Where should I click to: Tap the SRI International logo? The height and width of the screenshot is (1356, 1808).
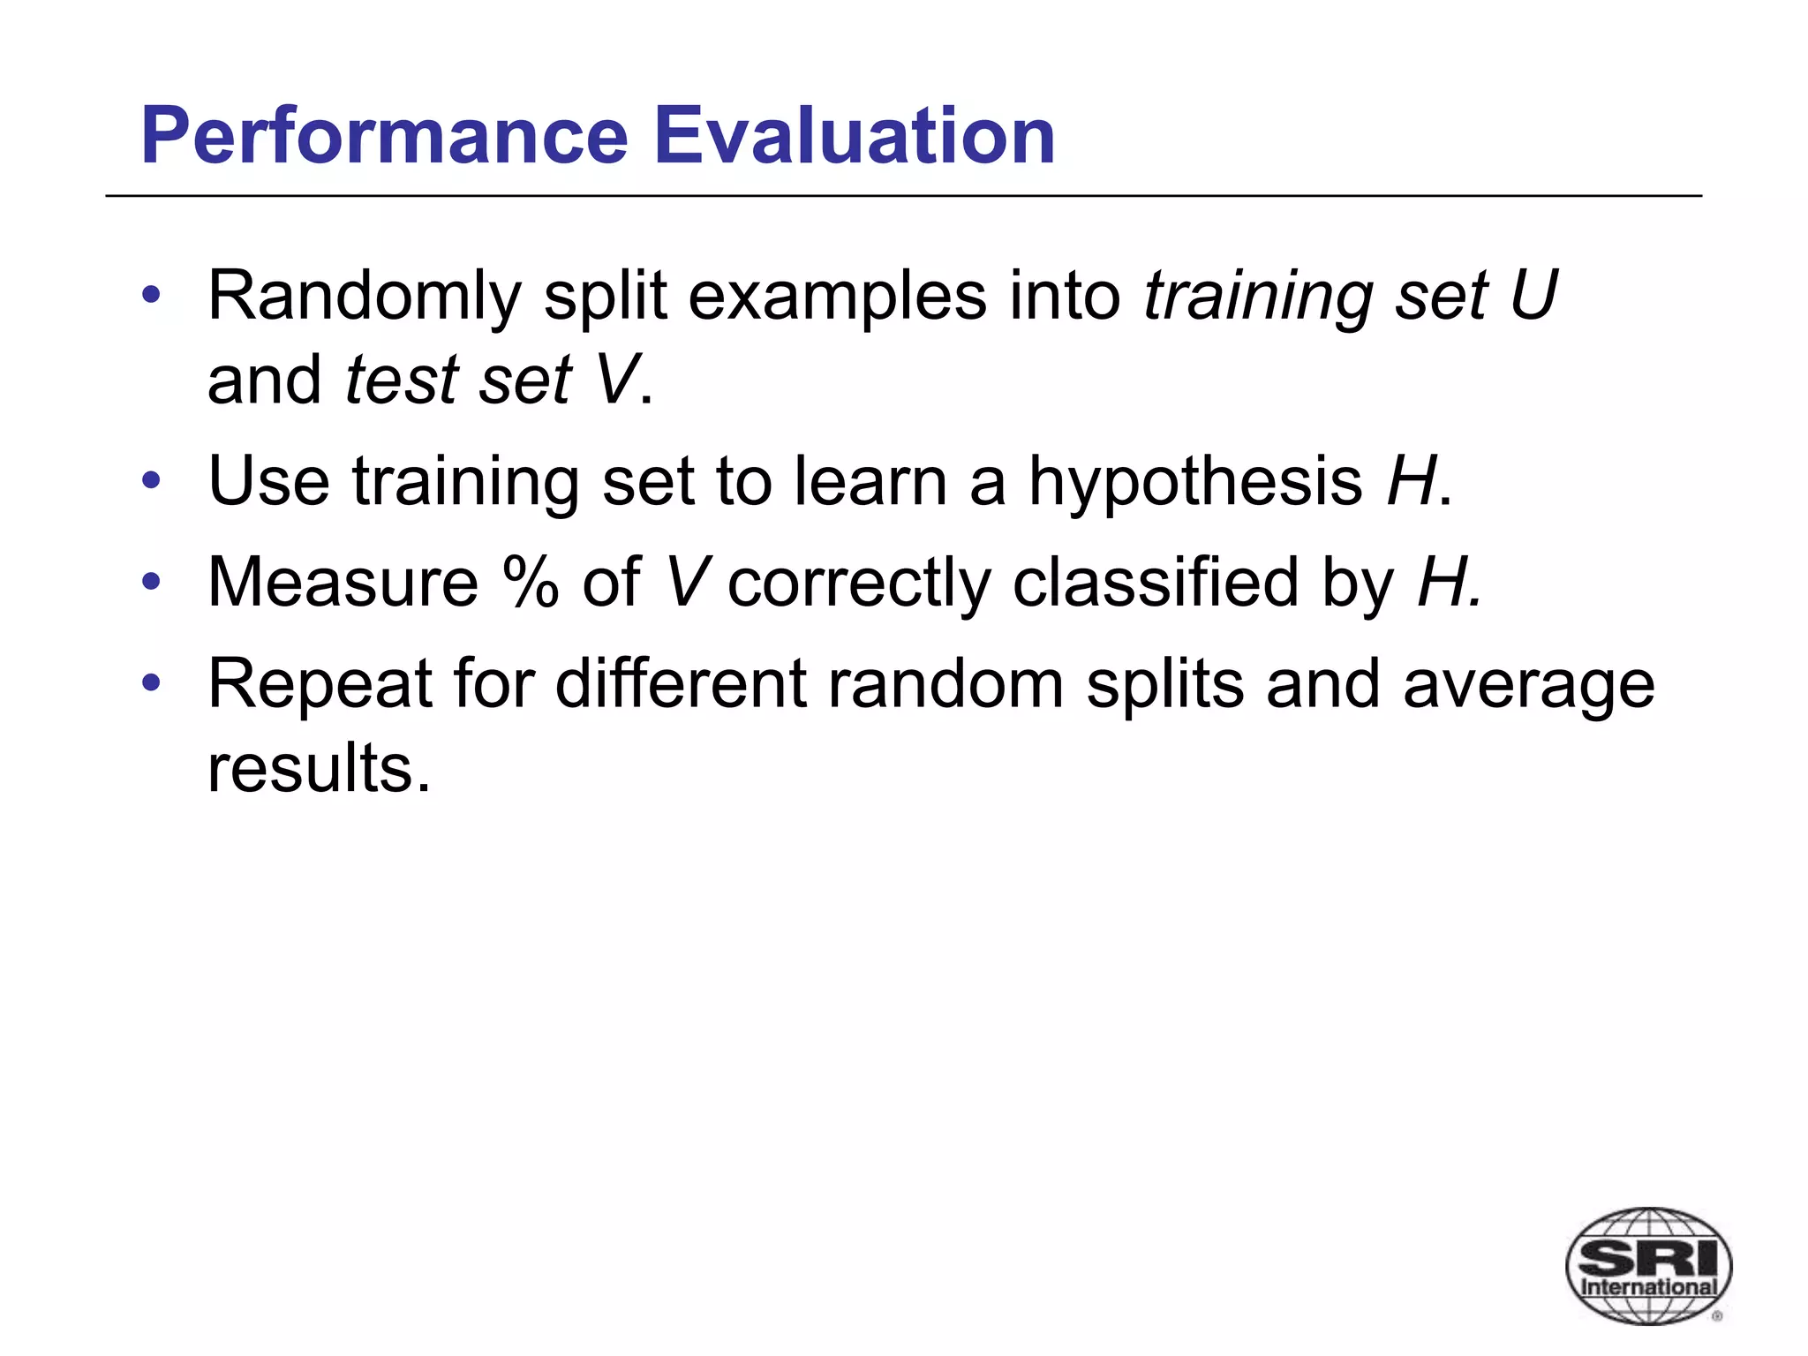(x=1648, y=1266)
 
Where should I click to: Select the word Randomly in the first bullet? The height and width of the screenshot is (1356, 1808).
(x=365, y=297)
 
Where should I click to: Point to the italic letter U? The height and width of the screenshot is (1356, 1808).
(x=1533, y=295)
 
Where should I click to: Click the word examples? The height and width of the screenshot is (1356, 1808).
(x=837, y=297)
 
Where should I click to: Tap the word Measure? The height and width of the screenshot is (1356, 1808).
(x=343, y=583)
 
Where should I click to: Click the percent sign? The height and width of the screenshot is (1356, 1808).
(x=531, y=583)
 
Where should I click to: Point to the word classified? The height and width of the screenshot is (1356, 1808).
(x=1156, y=583)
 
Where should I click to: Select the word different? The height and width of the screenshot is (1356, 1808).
(x=681, y=684)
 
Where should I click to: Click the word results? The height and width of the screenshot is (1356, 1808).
(x=319, y=767)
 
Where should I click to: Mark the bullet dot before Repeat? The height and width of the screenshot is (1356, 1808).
(x=152, y=682)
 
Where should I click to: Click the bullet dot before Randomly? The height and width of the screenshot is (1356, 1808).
(x=152, y=295)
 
